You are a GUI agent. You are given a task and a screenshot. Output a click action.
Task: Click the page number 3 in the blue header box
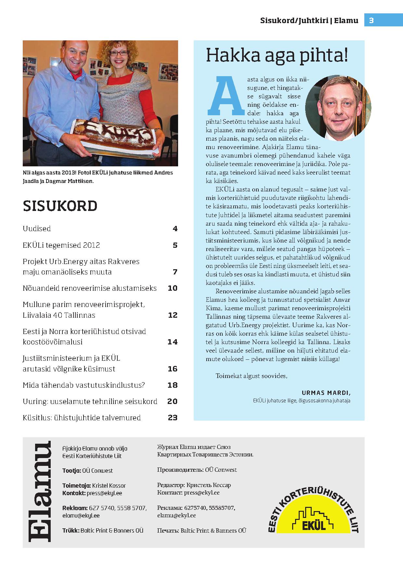[x=371, y=21]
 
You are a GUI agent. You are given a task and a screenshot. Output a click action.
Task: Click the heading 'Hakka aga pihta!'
[x=277, y=55]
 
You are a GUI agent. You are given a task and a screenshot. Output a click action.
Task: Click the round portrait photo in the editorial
[x=338, y=108]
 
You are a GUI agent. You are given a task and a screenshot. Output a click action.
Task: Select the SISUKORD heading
[x=60, y=206]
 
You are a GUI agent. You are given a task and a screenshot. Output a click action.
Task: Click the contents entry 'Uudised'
[x=37, y=229]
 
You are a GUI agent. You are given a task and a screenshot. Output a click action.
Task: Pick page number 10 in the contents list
[x=173, y=288]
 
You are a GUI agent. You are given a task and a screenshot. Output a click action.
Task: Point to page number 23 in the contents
[x=173, y=417]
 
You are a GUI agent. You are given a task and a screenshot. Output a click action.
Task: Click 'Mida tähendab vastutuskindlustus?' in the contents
[x=84, y=385]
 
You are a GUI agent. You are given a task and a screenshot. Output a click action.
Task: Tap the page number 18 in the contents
[x=173, y=385]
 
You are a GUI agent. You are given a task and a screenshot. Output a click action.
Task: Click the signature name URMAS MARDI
[x=326, y=393]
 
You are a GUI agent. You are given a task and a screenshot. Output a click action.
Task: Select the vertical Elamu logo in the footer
[x=40, y=492]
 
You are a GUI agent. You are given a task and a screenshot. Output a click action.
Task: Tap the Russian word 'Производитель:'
[x=180, y=470]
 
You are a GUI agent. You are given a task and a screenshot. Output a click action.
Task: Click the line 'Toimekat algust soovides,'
[x=252, y=376]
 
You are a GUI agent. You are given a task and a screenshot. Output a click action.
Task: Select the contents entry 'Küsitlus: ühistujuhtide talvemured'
[x=82, y=418]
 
